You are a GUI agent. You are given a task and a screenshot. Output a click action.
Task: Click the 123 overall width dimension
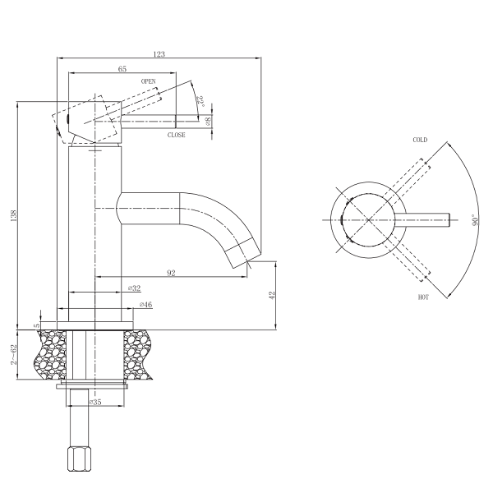pyautogui.click(x=159, y=54)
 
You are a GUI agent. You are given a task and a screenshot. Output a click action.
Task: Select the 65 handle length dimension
pyautogui.click(x=122, y=69)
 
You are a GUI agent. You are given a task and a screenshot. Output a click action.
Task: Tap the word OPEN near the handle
pyautogui.click(x=149, y=81)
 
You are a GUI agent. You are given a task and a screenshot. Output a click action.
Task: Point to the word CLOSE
pyautogui.click(x=177, y=135)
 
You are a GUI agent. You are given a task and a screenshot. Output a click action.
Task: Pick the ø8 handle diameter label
pyautogui.click(x=208, y=122)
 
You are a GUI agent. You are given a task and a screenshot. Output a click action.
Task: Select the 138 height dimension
pyautogui.click(x=13, y=215)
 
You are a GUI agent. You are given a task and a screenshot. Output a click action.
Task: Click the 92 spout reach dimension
pyautogui.click(x=171, y=273)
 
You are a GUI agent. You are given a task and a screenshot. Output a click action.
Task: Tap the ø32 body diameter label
pyautogui.click(x=134, y=288)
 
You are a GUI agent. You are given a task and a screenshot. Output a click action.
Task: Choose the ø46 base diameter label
pyautogui.click(x=146, y=304)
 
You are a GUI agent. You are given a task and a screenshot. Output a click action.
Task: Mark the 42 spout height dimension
pyautogui.click(x=272, y=295)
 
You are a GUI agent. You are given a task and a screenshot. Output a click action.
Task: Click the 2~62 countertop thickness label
pyautogui.click(x=13, y=355)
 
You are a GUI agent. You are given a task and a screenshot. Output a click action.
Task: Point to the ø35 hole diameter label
pyautogui.click(x=95, y=402)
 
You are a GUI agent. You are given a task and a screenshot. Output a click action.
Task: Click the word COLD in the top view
pyautogui.click(x=420, y=140)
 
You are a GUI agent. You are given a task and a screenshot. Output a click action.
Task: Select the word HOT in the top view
pyautogui.click(x=423, y=297)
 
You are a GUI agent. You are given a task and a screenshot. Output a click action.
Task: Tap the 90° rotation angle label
pyautogui.click(x=475, y=219)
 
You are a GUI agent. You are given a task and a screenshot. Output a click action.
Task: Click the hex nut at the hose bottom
pyautogui.click(x=79, y=458)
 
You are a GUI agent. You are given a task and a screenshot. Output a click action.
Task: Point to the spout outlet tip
pyautogui.click(x=247, y=260)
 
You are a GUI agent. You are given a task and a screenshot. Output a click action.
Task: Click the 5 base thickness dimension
pyautogui.click(x=37, y=325)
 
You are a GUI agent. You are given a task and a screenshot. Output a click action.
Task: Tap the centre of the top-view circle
pyautogui.click(x=368, y=219)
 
